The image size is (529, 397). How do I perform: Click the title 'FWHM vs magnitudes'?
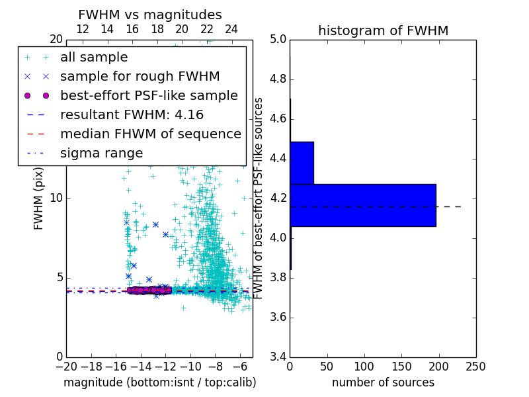click(x=149, y=15)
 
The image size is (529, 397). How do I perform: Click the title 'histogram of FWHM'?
click(x=383, y=30)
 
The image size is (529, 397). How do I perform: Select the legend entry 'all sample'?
click(x=94, y=58)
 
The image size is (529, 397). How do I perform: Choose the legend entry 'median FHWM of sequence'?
click(x=150, y=134)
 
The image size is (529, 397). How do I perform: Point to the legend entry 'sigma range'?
click(x=101, y=153)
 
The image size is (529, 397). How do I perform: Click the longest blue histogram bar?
click(x=362, y=205)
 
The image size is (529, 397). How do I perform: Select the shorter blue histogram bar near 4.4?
click(x=302, y=163)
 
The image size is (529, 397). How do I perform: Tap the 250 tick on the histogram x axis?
click(x=475, y=366)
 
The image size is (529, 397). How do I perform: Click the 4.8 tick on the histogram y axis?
click(x=278, y=79)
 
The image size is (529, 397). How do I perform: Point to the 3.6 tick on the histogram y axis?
click(x=278, y=317)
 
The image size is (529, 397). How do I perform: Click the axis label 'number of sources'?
click(x=383, y=382)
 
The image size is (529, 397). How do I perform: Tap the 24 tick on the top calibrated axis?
click(x=231, y=29)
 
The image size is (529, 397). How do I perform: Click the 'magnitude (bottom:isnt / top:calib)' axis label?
click(x=159, y=382)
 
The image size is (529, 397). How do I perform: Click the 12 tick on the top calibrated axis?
click(x=83, y=29)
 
